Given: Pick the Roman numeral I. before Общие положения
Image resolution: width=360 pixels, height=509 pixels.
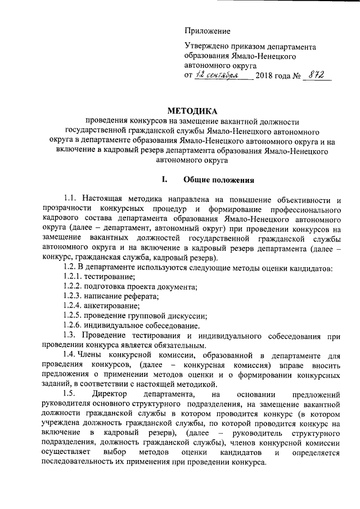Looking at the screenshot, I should click(165, 180).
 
